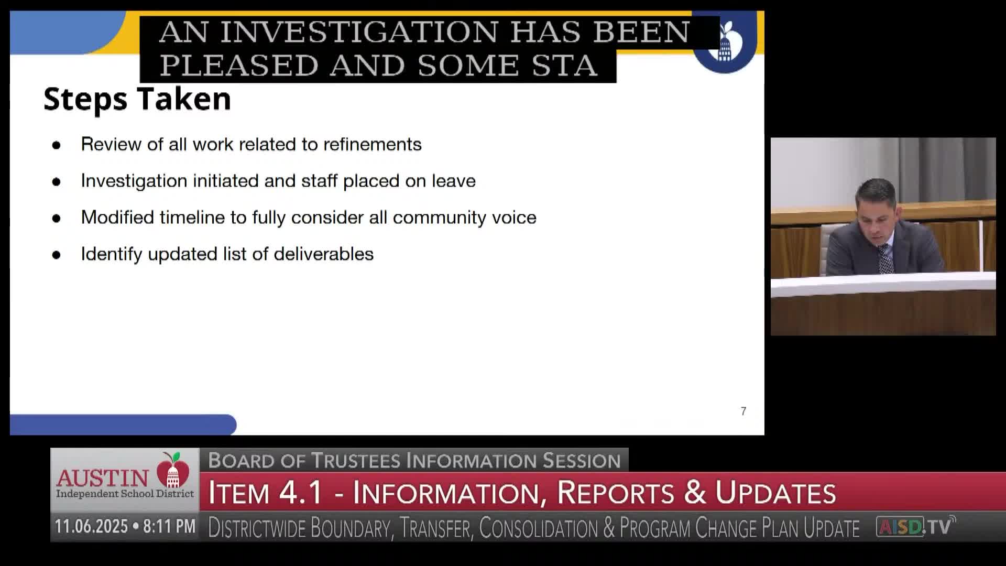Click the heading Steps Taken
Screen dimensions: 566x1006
click(137, 99)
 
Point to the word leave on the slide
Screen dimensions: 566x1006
click(453, 181)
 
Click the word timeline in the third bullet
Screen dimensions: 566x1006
click(192, 217)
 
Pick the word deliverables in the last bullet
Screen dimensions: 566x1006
click(323, 254)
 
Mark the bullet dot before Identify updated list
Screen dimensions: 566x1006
click(57, 255)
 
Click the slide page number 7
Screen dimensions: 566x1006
click(743, 411)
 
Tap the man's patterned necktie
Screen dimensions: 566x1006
click(885, 259)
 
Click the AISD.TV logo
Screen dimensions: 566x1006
click(915, 526)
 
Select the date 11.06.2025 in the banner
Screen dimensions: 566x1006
click(91, 526)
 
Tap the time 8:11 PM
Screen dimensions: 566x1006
click(169, 526)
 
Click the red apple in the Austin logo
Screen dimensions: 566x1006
click(173, 470)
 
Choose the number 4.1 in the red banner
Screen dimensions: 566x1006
click(301, 493)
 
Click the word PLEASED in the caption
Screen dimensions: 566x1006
click(238, 66)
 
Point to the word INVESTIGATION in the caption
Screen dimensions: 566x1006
click(359, 32)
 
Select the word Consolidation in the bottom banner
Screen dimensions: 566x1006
click(538, 528)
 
